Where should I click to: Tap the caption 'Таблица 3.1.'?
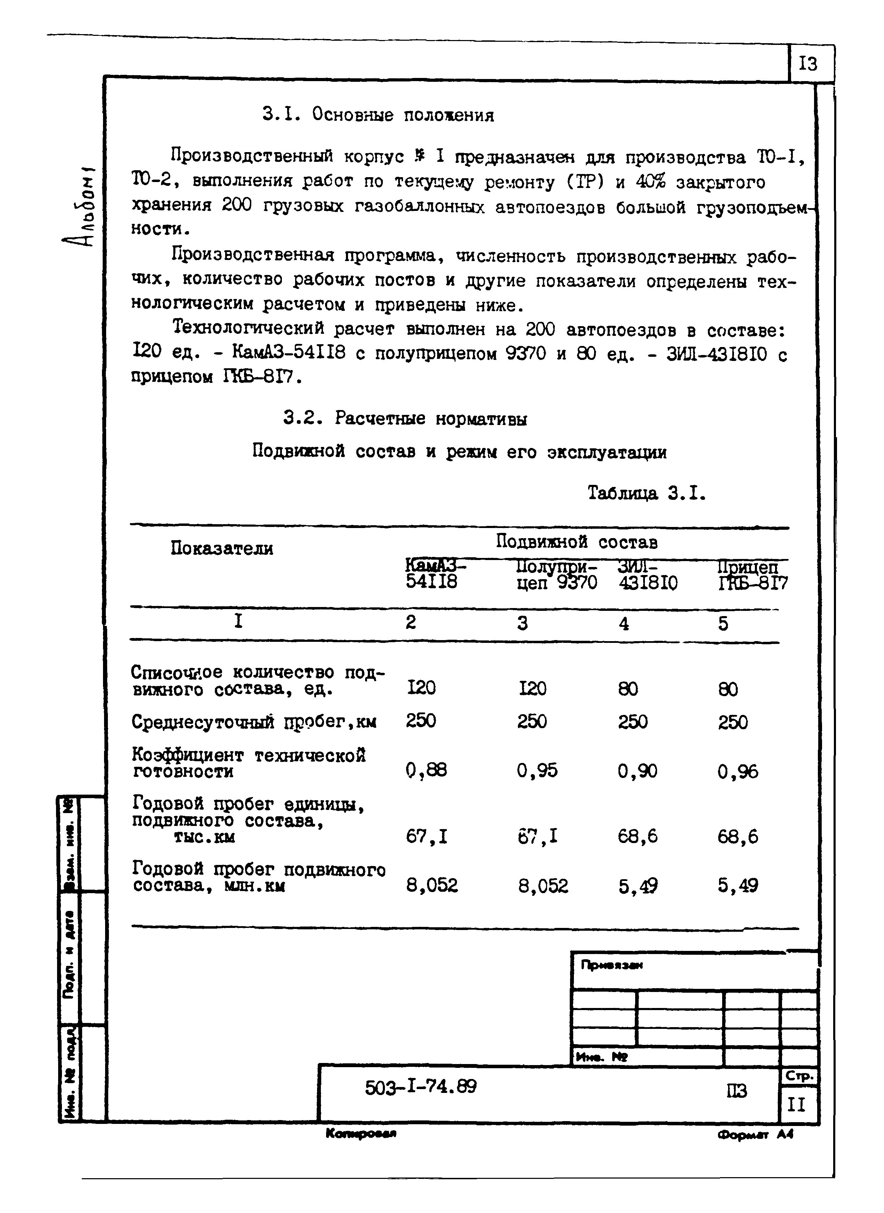646,493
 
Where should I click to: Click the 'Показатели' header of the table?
222,549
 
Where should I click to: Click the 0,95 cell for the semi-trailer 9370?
537,771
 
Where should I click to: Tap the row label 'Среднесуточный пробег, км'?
254,722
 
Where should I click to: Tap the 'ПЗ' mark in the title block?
736,1090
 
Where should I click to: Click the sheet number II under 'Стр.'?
796,1104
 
